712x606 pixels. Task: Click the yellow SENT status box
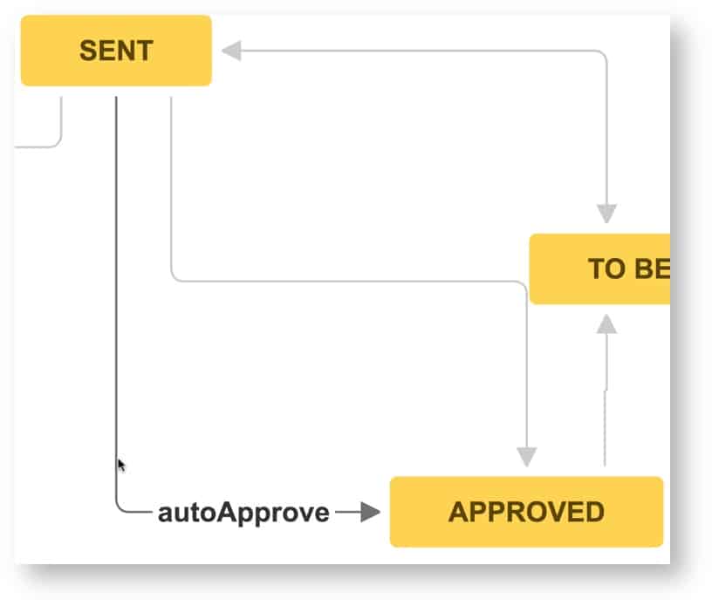[x=116, y=51]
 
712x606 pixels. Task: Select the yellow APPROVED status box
[x=526, y=512]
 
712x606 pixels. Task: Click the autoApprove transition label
[x=243, y=513]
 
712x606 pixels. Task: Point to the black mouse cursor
[x=122, y=465]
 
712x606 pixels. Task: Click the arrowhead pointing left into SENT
[x=231, y=51]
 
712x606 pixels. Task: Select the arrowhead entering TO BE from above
[x=606, y=214]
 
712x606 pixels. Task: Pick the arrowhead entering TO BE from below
[x=606, y=323]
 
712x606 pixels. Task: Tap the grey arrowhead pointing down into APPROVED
[x=526, y=456]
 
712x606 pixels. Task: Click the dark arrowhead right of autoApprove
[x=371, y=513]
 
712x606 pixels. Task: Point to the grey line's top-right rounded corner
[x=603, y=54]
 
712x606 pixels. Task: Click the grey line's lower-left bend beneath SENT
[x=175, y=276]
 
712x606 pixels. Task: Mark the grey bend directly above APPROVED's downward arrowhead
[x=523, y=285]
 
